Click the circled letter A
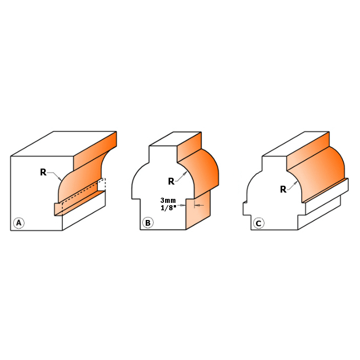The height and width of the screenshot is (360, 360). coord(19,223)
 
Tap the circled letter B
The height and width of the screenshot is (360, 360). coord(148,223)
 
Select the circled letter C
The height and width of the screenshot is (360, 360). coord(258,223)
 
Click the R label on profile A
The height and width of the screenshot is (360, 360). coord(43,172)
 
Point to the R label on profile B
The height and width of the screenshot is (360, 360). coord(171,181)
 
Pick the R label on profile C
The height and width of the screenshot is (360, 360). coord(283,189)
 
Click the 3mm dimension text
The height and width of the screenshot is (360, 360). coord(168,201)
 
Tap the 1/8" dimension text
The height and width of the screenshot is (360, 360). coord(169,208)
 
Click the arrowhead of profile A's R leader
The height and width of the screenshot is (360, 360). coord(60,179)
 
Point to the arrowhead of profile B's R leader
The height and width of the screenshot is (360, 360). coord(185,174)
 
